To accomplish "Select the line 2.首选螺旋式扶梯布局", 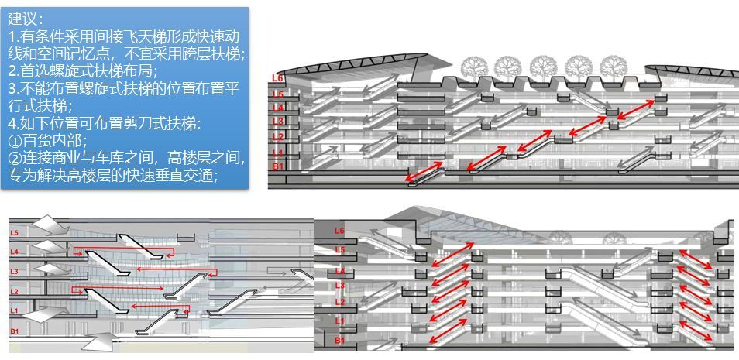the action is point(82,70).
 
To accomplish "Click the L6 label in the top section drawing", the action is point(277,78).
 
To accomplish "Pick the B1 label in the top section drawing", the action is point(277,166).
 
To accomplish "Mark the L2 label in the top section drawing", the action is point(277,137).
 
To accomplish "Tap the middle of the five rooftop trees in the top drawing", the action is point(543,67).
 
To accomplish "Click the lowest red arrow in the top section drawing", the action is point(424,171).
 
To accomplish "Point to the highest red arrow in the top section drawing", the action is point(636,109).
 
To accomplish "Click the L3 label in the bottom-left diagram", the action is point(14,272).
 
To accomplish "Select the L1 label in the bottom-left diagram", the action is point(14,310).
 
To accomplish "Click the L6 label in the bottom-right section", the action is point(340,231).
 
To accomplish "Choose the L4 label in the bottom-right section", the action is point(340,271).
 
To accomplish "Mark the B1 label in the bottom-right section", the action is point(340,340).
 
